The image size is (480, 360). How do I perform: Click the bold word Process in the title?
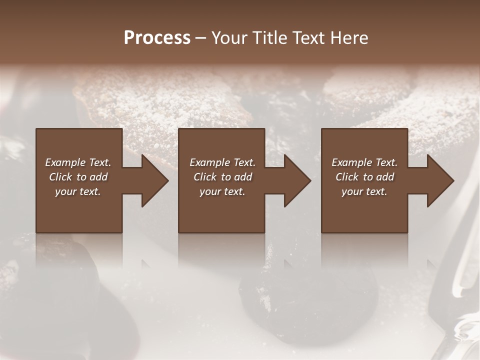(x=157, y=38)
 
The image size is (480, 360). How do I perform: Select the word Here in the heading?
(x=348, y=38)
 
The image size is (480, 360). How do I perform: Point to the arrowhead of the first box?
(x=152, y=180)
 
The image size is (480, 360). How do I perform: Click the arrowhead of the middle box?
(x=295, y=180)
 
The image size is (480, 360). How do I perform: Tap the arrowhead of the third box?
(x=438, y=180)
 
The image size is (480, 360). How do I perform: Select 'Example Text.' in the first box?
(x=78, y=162)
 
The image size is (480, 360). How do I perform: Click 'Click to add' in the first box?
(x=78, y=177)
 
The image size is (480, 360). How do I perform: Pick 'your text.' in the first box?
(x=78, y=191)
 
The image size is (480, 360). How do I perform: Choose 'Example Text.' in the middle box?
(x=222, y=162)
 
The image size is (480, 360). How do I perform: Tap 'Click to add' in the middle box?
(x=222, y=177)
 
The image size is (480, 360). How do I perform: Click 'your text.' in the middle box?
(x=222, y=191)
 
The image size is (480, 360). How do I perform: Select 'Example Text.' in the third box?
(x=364, y=162)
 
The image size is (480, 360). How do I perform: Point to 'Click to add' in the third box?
(x=364, y=177)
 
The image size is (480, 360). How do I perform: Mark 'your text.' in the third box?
(x=364, y=191)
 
